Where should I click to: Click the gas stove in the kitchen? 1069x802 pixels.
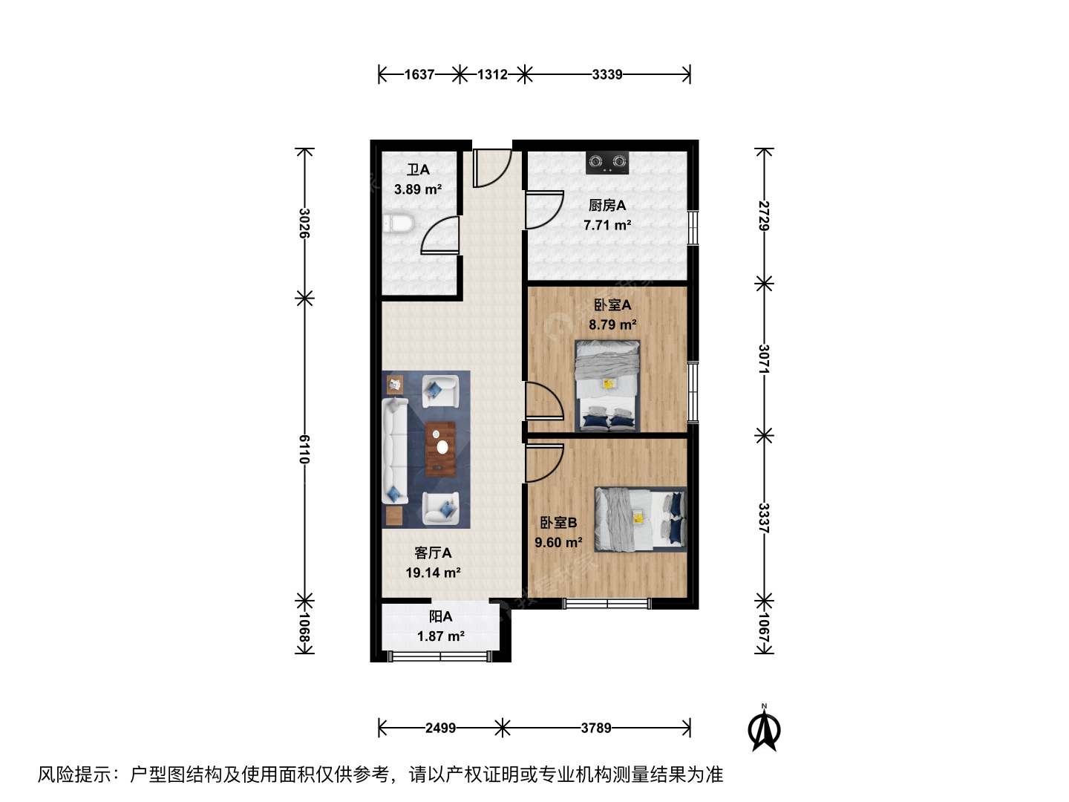tap(607, 163)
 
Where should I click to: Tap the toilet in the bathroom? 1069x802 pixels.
tap(398, 224)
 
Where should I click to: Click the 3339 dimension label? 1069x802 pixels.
tap(607, 74)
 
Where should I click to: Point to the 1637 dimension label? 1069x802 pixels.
tap(419, 74)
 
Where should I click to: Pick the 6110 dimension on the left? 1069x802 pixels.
tap(304, 449)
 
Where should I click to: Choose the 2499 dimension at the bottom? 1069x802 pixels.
tap(440, 728)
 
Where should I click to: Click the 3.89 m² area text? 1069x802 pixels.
tap(418, 189)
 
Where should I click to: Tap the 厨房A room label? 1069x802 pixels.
tap(607, 206)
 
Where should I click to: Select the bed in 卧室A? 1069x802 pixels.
tap(607, 385)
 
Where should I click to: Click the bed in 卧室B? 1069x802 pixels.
tap(641, 519)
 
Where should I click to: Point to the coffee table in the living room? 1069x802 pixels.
tap(441, 449)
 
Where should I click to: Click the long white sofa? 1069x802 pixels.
tap(395, 451)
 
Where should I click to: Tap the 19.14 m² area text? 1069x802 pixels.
tap(433, 573)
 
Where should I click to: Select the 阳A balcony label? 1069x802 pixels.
tap(440, 616)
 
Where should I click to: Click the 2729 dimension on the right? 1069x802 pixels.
tap(764, 215)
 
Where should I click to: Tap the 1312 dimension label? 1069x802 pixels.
tap(492, 74)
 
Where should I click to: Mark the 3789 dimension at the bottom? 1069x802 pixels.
tap(596, 728)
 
